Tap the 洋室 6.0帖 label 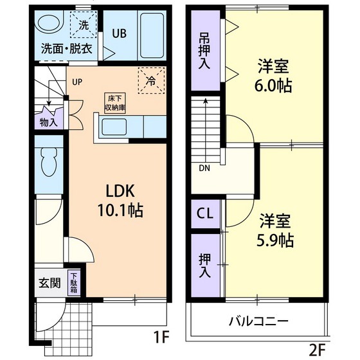point(275,75)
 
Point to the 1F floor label point(161,335)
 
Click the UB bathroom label point(120,33)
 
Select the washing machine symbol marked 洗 point(83,26)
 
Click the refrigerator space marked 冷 point(150,81)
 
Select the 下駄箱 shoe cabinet point(75,283)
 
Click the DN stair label point(204,169)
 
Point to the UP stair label point(77,82)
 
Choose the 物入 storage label point(48,121)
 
